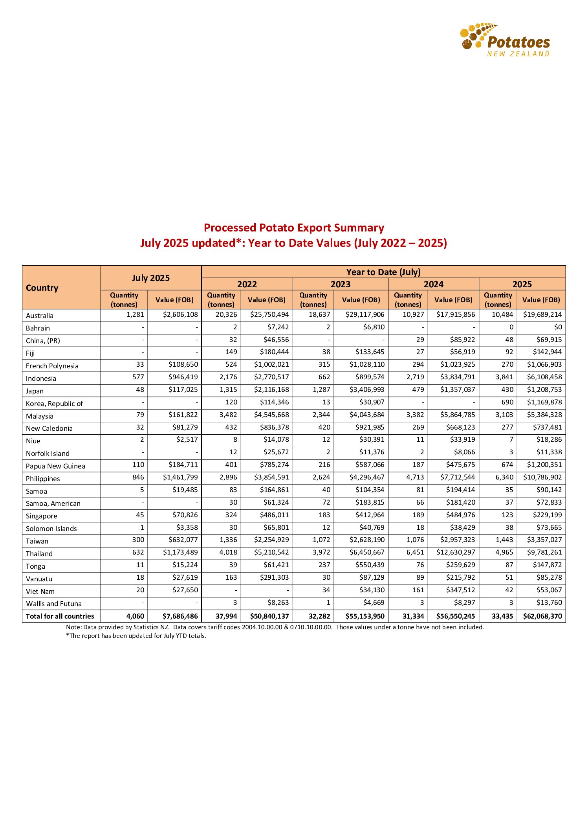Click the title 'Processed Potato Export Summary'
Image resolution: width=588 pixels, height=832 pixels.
tap(294, 228)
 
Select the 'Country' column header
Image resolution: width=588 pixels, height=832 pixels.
tap(42, 288)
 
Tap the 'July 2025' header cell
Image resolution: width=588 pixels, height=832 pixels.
tap(151, 278)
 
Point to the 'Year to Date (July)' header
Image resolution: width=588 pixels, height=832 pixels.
tap(383, 272)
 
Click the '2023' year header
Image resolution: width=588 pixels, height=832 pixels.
tap(340, 284)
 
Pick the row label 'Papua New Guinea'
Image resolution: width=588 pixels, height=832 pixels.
tap(55, 466)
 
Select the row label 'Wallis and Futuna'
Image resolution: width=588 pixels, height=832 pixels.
tap(54, 604)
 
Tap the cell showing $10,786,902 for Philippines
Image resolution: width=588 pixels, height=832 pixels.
tap(542, 478)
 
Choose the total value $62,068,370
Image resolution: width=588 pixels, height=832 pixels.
tap(542, 616)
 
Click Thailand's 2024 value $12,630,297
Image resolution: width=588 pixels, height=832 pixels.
tap(455, 553)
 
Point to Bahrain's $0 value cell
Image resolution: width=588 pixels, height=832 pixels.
tap(558, 327)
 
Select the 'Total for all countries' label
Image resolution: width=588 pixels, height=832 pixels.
tap(60, 616)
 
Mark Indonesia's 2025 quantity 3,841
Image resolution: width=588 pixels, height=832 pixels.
tap(504, 377)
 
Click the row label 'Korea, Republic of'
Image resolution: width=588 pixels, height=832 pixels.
tap(55, 404)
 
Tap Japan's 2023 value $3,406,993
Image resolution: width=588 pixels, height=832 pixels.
tap(367, 390)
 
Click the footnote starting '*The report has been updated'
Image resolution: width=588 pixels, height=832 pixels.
tap(136, 635)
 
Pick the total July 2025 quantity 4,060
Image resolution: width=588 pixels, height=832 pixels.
tap(135, 616)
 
